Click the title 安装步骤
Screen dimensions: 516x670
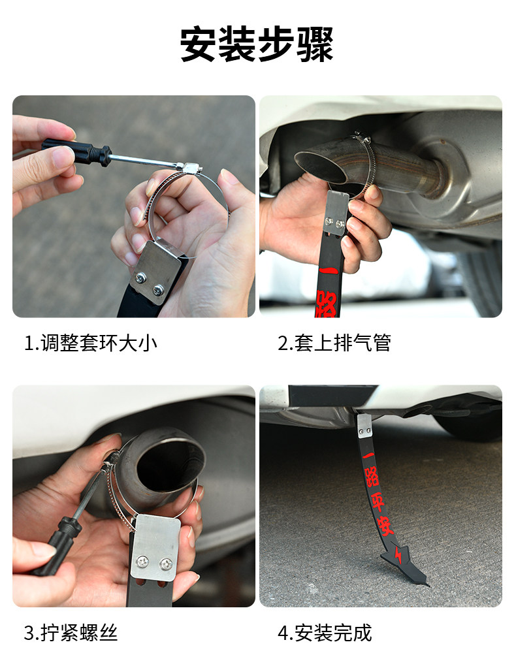point(257,44)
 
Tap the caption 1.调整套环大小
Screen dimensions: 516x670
point(91,343)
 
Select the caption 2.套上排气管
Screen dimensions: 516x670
point(334,343)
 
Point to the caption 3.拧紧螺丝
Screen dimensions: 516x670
point(71,633)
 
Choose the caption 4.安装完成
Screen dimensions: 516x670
point(325,633)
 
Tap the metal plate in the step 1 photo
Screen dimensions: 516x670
point(157,272)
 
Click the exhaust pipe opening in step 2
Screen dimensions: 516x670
point(321,167)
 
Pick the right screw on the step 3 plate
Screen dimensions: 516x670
point(165,564)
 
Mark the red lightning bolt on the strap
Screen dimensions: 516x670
point(398,556)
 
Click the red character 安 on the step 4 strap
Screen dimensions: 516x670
point(385,526)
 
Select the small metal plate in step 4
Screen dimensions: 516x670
point(364,426)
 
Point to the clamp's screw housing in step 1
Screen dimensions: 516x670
point(191,167)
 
